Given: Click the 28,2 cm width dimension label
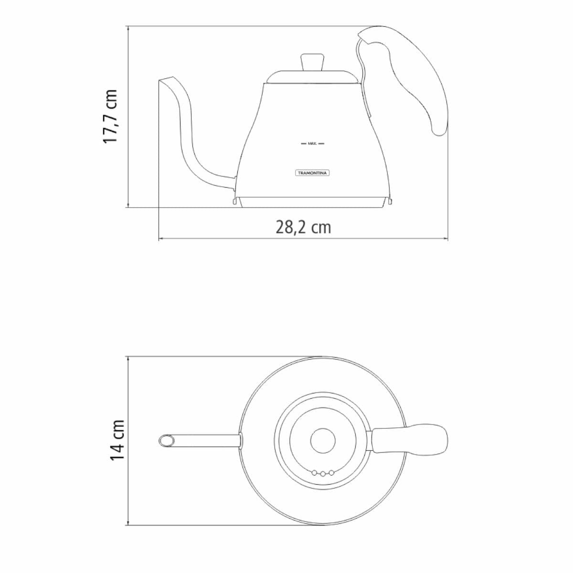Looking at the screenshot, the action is tap(303, 227).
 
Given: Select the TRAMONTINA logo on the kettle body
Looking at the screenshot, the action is tap(312, 173).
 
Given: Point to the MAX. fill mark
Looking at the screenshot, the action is tap(312, 144).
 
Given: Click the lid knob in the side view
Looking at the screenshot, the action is tap(312, 62).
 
